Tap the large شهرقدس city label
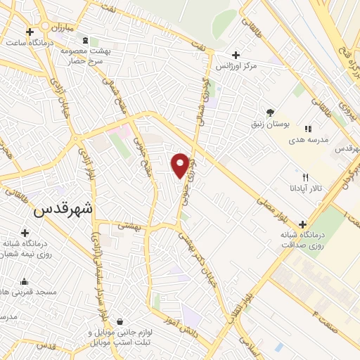[x=63, y=209]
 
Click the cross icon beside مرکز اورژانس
[x=236, y=55]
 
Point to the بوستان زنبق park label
[x=269, y=124]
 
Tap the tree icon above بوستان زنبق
[x=270, y=111]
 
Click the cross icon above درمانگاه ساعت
[x=30, y=32]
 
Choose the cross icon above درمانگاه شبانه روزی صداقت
[x=302, y=224]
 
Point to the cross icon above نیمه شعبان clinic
[x=25, y=233]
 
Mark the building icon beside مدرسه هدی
[x=308, y=129]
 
